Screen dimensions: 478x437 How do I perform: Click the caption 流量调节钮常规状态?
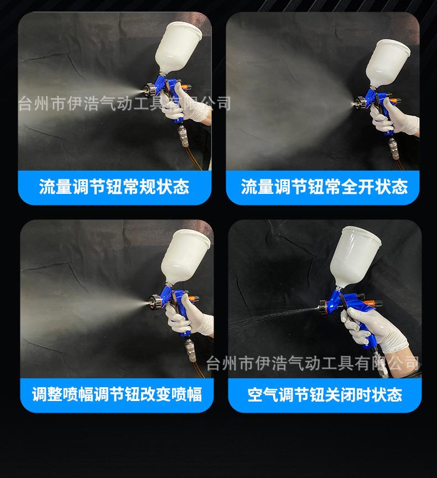[115, 187]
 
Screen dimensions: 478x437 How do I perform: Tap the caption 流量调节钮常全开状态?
[324, 187]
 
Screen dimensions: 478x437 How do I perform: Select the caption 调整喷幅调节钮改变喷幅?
[117, 394]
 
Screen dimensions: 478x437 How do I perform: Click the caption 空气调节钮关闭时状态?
[325, 394]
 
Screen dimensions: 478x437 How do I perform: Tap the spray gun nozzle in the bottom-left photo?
[150, 304]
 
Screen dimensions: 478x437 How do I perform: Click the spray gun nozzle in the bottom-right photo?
[323, 304]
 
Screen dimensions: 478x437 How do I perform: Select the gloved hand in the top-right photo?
[396, 122]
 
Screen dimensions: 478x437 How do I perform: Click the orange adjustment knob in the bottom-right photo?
[376, 304]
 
